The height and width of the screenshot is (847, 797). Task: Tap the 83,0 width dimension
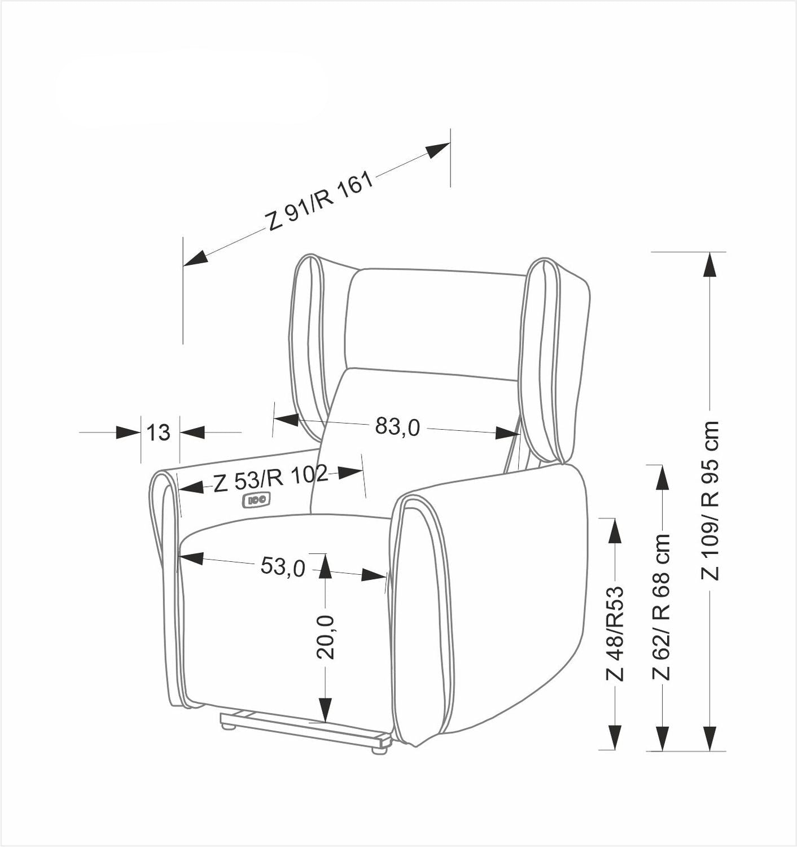point(397,427)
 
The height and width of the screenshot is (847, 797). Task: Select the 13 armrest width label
point(159,433)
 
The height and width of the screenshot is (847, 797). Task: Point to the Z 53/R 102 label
point(270,479)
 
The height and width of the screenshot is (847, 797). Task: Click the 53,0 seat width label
point(282,566)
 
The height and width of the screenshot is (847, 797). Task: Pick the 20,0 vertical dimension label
point(326,636)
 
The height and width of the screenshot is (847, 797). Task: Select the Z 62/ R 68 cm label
point(661,606)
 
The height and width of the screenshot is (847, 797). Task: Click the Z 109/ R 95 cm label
point(710,500)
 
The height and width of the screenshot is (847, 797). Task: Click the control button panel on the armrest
point(257,499)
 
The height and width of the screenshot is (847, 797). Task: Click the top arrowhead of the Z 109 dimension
point(710,264)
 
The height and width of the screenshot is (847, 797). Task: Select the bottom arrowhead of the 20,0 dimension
point(326,709)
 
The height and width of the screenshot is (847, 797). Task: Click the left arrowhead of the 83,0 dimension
point(285,420)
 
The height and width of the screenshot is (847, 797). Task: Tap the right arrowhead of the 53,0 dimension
point(374,575)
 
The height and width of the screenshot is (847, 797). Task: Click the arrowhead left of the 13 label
point(128,433)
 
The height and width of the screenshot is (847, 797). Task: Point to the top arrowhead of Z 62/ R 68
point(661,478)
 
